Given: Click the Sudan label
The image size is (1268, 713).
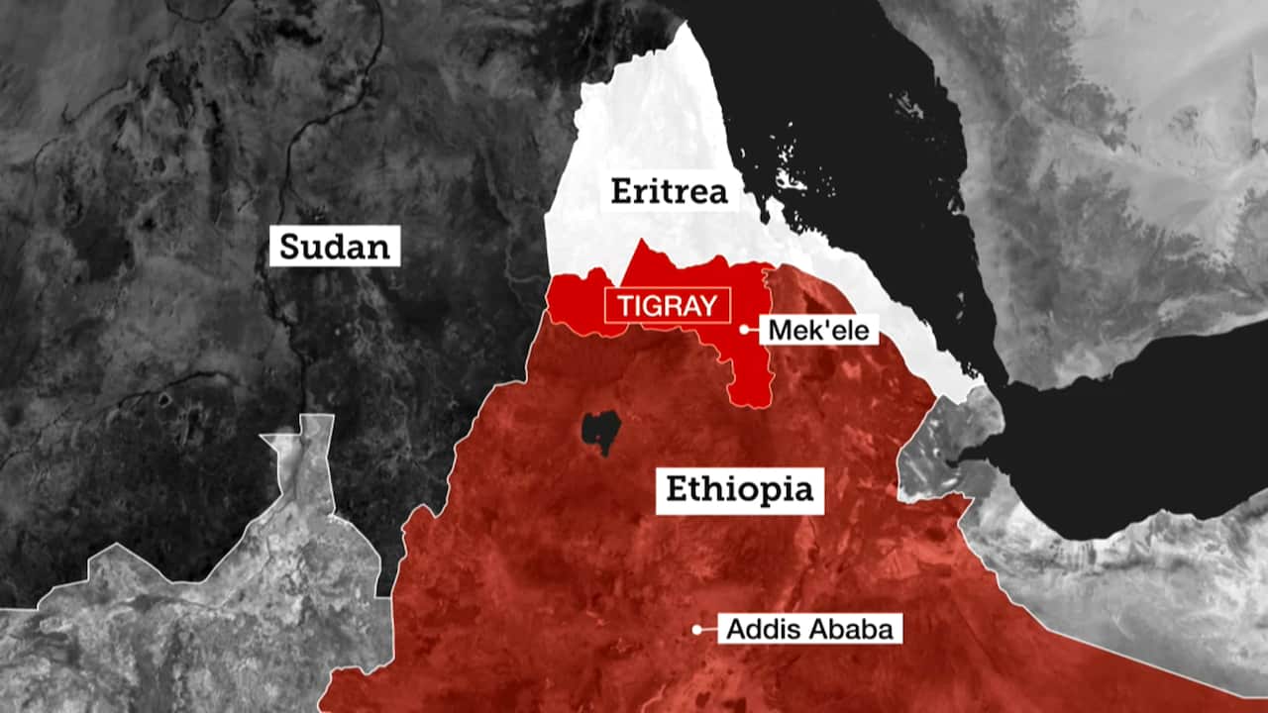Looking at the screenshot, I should [335, 246].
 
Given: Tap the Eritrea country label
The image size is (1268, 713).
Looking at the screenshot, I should [669, 191].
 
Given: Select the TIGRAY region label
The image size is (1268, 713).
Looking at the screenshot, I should [667, 306].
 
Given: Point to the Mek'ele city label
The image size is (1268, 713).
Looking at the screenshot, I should [819, 330].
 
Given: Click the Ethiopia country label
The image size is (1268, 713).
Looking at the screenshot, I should [739, 489].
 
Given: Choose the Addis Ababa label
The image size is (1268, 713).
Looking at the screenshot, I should [809, 629].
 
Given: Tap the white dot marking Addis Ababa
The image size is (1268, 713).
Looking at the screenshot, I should [697, 629].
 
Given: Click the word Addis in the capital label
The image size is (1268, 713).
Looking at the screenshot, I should [757, 629].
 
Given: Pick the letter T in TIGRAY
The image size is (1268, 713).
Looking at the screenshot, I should [625, 306].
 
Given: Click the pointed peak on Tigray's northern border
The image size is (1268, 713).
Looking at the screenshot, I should [644, 243].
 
